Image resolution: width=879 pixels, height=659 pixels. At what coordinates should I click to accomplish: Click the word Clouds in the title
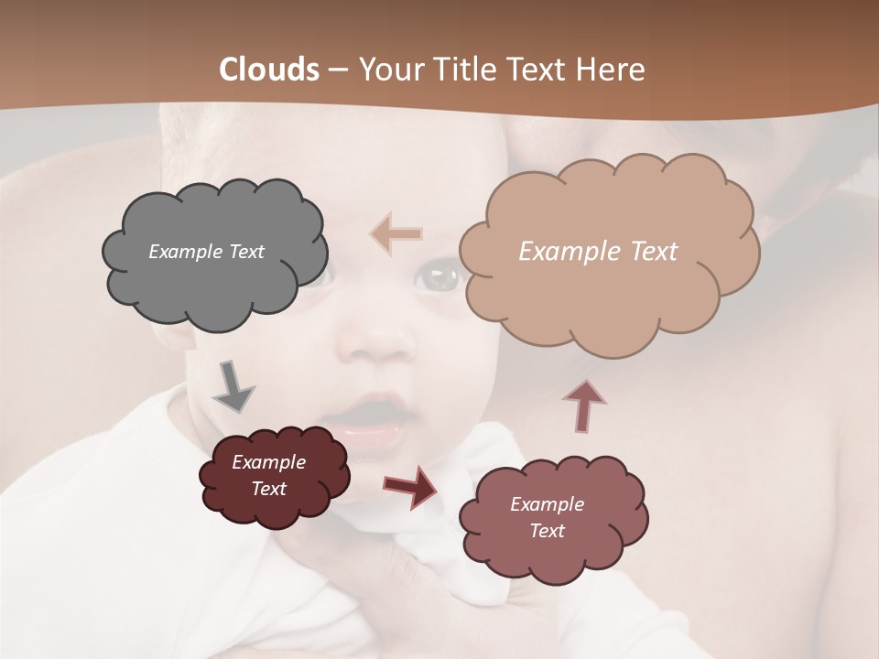pyautogui.click(x=269, y=69)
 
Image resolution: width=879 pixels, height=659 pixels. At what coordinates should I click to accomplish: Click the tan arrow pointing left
pyautogui.click(x=396, y=234)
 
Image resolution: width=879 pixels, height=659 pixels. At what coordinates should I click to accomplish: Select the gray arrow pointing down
pyautogui.click(x=233, y=387)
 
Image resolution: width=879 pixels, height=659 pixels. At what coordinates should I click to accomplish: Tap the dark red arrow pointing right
pyautogui.click(x=410, y=486)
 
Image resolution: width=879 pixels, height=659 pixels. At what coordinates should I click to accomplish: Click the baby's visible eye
pyautogui.click(x=439, y=277)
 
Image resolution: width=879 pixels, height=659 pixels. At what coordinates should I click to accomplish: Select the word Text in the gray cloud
pyautogui.click(x=246, y=252)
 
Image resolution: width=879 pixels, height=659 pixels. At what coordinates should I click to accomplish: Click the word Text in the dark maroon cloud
pyautogui.click(x=269, y=489)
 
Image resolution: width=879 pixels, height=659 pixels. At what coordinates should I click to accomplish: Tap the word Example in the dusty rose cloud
pyautogui.click(x=547, y=504)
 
